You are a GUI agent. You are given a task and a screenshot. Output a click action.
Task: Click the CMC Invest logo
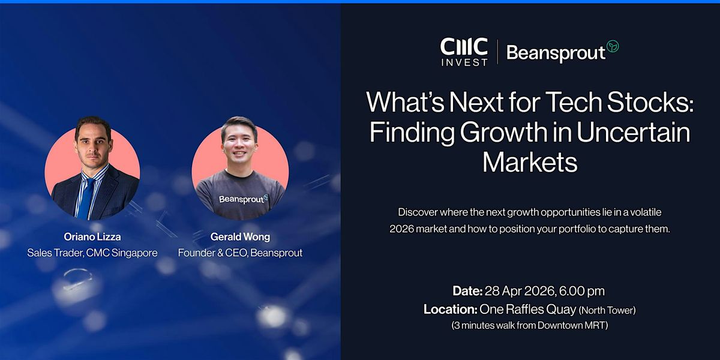(x=464, y=52)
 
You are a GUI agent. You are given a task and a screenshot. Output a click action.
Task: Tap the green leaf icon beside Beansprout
(x=613, y=46)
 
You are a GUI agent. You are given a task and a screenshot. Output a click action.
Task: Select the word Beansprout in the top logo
(x=556, y=53)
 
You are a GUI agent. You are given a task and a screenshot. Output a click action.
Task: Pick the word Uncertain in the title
(x=634, y=132)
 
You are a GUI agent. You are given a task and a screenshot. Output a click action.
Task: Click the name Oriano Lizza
(x=92, y=237)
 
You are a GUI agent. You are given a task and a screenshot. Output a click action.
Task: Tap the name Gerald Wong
(x=240, y=237)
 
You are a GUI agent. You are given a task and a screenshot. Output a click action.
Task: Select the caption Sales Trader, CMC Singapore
(x=92, y=253)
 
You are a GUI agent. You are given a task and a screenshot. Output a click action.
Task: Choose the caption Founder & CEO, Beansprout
(x=240, y=253)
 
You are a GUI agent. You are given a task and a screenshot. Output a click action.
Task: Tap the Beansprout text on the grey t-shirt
(x=241, y=200)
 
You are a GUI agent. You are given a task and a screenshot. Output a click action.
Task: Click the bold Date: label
(x=467, y=291)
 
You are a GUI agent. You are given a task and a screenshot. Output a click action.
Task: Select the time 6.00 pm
(x=582, y=291)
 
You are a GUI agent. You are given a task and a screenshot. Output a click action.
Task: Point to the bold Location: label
(x=450, y=309)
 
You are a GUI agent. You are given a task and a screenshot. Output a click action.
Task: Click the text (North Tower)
(x=607, y=310)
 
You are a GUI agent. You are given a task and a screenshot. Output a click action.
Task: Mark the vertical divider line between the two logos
(x=497, y=52)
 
